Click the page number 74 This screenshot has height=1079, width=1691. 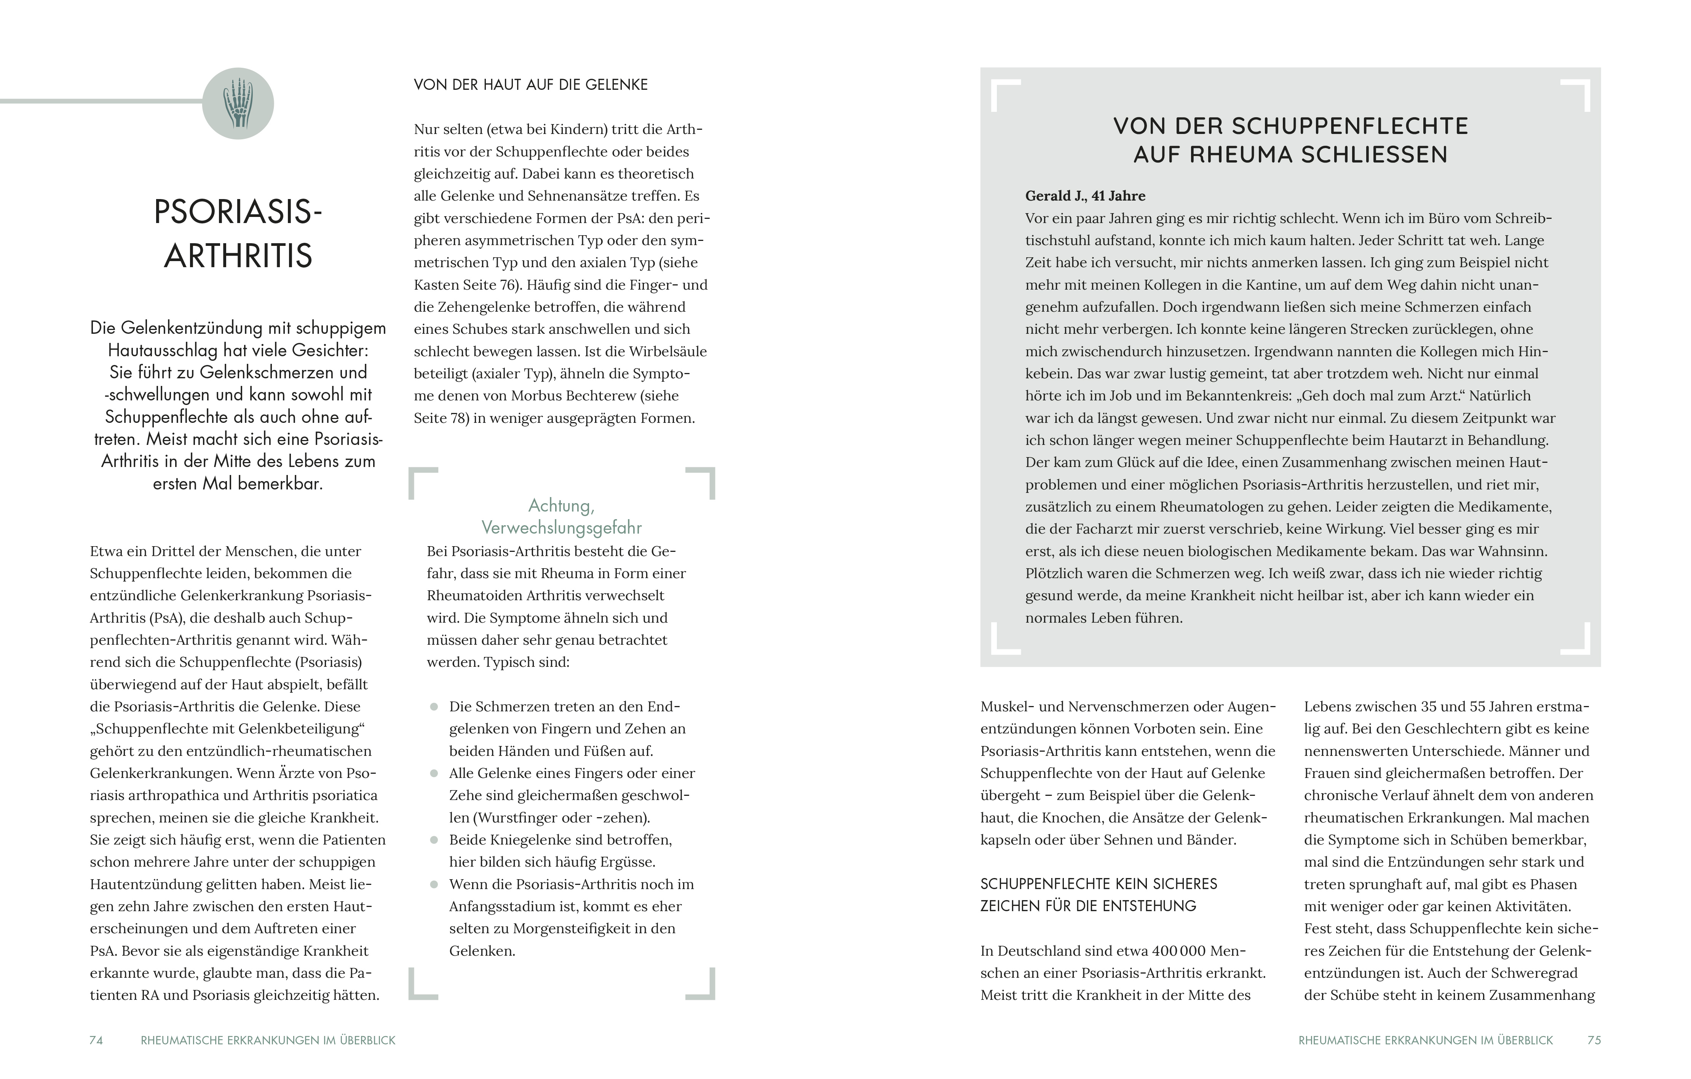pyautogui.click(x=96, y=1041)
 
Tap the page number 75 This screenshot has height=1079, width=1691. pyautogui.click(x=1594, y=1041)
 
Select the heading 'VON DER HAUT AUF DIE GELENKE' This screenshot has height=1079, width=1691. pyautogui.click(x=530, y=85)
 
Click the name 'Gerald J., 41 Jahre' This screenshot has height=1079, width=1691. pyautogui.click(x=1085, y=196)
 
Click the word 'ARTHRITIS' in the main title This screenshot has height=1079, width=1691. pyautogui.click(x=238, y=256)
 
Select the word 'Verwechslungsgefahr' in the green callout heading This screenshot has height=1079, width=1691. pyautogui.click(x=561, y=528)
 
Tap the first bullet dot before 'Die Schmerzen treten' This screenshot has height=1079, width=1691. pyautogui.click(x=434, y=707)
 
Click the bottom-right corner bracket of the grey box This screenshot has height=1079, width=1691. pyautogui.click(x=1576, y=640)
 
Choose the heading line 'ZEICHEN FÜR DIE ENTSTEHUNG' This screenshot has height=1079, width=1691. pyautogui.click(x=1088, y=906)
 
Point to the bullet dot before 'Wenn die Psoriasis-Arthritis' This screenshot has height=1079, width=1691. pyautogui.click(x=434, y=885)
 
